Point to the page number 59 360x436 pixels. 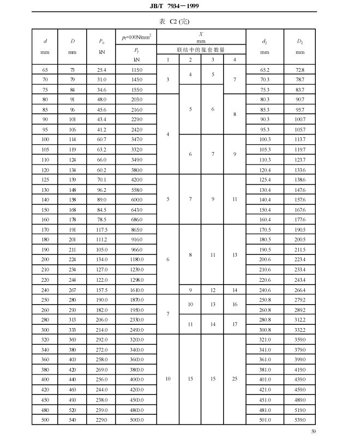pyautogui.click(x=313, y=431)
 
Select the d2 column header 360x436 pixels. pyautogui.click(x=265, y=41)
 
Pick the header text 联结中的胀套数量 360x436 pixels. pyautogui.click(x=201, y=50)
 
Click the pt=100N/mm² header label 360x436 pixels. pyautogui.click(x=136, y=37)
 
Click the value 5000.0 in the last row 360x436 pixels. pyautogui.click(x=136, y=419)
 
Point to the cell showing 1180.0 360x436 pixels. pyautogui.click(x=136, y=259)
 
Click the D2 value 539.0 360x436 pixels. pyautogui.click(x=300, y=419)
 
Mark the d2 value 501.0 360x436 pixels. pyautogui.click(x=265, y=419)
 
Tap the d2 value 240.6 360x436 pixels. pyautogui.click(x=265, y=289)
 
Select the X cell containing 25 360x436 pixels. pyautogui.click(x=235, y=379)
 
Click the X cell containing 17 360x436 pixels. pyautogui.click(x=235, y=324)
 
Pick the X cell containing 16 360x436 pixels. pyautogui.click(x=235, y=304)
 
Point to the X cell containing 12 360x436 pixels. pyautogui.click(x=213, y=289)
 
